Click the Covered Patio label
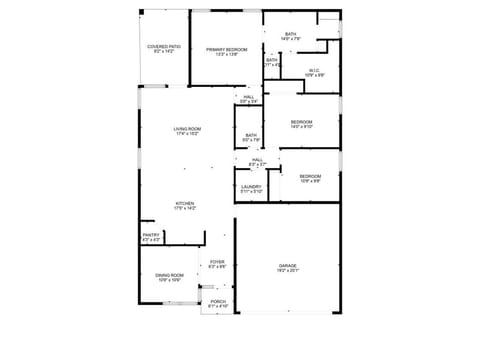pos(164,46)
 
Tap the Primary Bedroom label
pos(226,49)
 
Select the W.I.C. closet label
pos(314,70)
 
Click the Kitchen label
pos(185,203)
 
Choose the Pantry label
pos(151,235)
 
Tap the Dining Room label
pos(168,275)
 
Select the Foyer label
pos(217,262)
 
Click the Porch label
pos(218,300)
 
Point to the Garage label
pos(287,265)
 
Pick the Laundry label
pos(250,186)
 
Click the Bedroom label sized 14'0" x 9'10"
pos(301,122)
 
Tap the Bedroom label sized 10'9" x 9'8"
pos(310,176)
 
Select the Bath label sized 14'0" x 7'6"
pos(290,34)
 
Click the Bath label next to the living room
pos(250,135)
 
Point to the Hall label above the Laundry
pos(257,160)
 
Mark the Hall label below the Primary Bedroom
pos(248,96)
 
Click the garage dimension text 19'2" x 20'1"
pos(287,271)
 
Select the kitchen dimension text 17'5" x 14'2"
pos(185,208)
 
